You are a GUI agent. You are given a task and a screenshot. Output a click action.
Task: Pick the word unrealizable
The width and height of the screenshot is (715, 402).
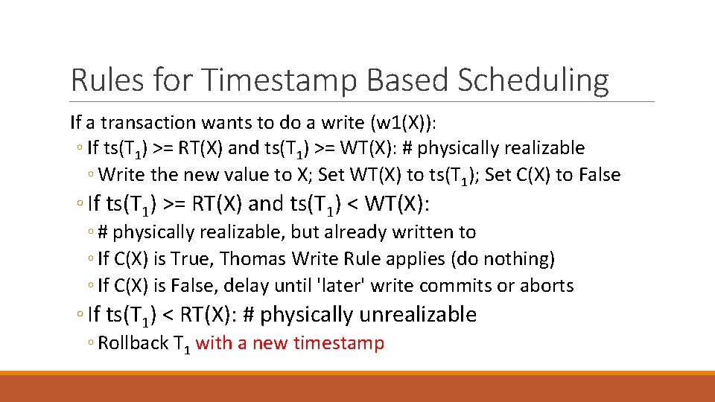coord(418,315)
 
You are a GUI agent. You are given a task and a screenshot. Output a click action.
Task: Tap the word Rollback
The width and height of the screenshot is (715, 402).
coord(133,343)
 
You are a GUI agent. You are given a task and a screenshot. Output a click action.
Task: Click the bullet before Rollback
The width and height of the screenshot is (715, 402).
coord(91,344)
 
